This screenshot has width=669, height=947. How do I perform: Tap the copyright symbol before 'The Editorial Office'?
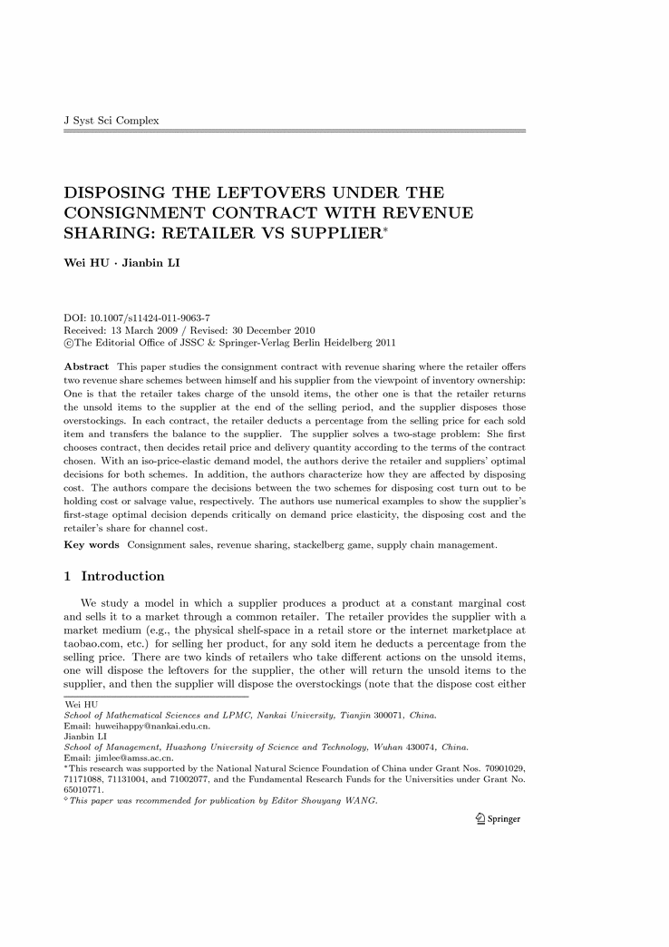click(68, 343)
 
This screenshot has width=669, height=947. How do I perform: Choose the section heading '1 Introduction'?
click(114, 576)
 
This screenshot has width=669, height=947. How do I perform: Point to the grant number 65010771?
click(83, 789)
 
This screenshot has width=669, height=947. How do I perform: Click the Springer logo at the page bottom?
click(499, 819)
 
